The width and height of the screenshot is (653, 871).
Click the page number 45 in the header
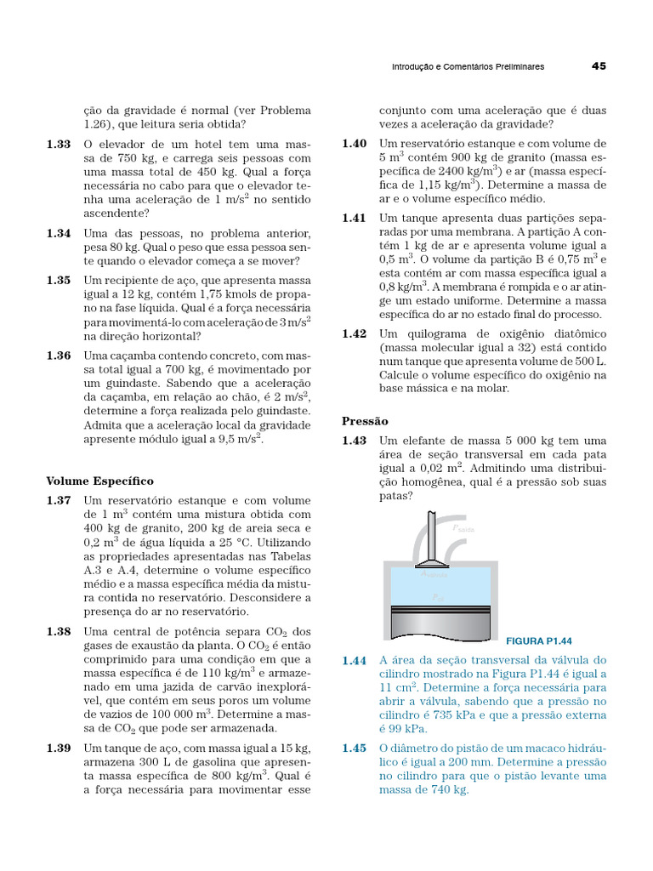[598, 65]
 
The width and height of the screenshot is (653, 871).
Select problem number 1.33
[60, 145]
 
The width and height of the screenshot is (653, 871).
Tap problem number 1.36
[60, 356]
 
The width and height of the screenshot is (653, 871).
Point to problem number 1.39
[60, 748]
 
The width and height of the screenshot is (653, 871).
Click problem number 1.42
[355, 334]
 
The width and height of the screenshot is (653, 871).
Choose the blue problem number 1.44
[355, 660]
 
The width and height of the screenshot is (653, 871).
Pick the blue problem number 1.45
[355, 749]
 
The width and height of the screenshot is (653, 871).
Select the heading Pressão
[366, 421]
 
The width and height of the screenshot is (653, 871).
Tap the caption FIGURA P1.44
[539, 640]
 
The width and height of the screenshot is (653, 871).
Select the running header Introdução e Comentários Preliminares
[467, 66]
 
